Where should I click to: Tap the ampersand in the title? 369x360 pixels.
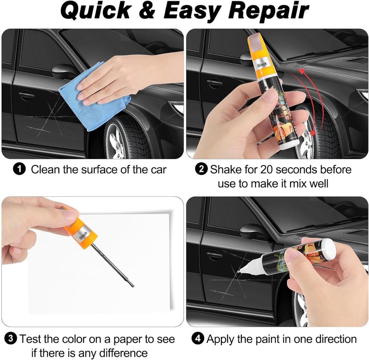(147, 10)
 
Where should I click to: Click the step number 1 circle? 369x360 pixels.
(19, 169)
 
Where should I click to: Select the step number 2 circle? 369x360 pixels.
(202, 169)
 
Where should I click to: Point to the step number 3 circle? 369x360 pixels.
(11, 339)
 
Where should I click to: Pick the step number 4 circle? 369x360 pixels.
(197, 339)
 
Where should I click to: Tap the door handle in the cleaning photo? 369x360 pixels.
(26, 95)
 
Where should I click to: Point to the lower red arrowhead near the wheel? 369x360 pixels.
(313, 133)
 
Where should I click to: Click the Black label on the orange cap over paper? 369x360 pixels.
(83, 235)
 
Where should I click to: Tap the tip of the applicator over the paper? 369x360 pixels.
(133, 286)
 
